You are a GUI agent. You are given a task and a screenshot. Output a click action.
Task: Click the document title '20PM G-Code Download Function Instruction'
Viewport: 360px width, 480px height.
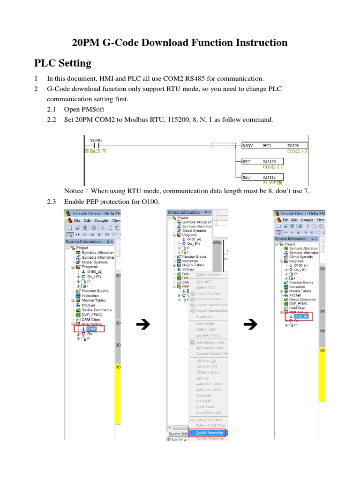coord(180,43)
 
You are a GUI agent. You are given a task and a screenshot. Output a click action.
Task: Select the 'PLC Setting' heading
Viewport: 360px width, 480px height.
coord(63,63)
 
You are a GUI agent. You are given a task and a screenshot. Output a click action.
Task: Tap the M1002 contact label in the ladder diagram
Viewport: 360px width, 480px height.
coord(96,140)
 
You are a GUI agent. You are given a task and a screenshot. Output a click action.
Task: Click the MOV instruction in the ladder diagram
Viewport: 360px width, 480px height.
coord(247,146)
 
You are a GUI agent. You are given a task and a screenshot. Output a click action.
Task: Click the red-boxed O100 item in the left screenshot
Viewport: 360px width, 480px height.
coord(91,329)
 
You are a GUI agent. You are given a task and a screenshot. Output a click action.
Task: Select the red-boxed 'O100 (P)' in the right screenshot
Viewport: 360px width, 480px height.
coord(299,317)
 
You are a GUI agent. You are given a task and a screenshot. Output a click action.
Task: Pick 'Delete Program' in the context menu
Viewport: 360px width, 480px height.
coord(208,275)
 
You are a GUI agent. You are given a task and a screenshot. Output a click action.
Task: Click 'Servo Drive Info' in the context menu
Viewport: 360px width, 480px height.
coord(209,412)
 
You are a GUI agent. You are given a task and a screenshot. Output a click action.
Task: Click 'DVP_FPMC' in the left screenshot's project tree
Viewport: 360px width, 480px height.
coord(91,315)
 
